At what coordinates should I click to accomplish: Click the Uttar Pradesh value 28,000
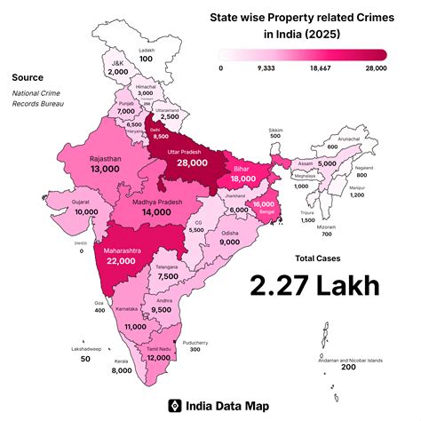pyautogui.click(x=193, y=163)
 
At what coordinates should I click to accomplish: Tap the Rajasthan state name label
pyautogui.click(x=107, y=158)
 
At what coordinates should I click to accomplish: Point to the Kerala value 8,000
pyautogui.click(x=122, y=371)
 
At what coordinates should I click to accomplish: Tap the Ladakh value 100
pyautogui.click(x=146, y=59)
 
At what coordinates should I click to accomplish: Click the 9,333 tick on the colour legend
pyautogui.click(x=265, y=67)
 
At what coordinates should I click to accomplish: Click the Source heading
pyautogui.click(x=28, y=78)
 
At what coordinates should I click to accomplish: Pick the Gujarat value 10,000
pyautogui.click(x=86, y=212)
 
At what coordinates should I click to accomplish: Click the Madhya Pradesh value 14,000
pyautogui.click(x=149, y=213)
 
